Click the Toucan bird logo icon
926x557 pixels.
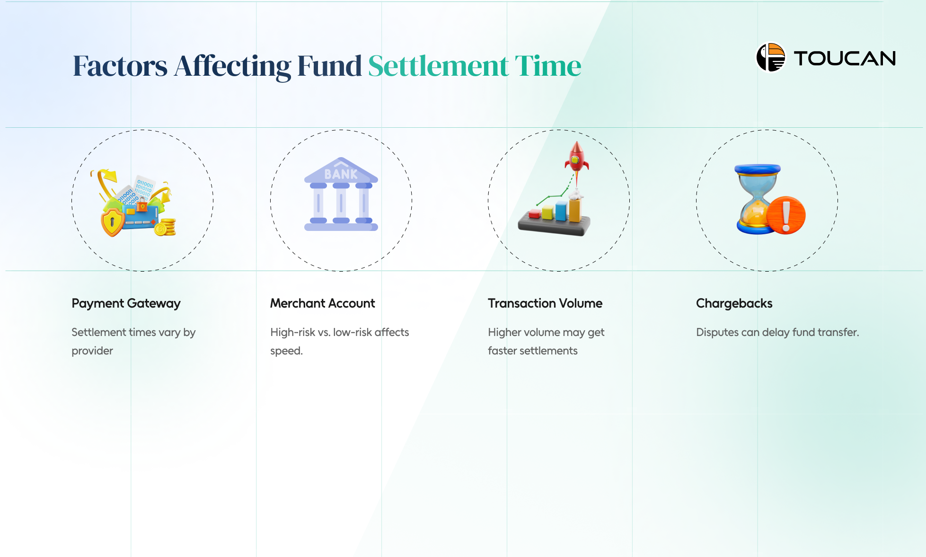pos(771,58)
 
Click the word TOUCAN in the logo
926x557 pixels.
pos(845,59)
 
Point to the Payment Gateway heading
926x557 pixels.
pos(126,303)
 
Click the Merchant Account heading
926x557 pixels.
pos(322,303)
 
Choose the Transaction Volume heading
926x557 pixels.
pos(545,303)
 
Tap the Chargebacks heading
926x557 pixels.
pos(734,303)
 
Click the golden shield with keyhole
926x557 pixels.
pos(113,221)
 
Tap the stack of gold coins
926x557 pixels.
pos(166,227)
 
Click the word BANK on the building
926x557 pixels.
pos(341,174)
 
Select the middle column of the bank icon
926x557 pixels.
pos(341,203)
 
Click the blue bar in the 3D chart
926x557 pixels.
pos(561,211)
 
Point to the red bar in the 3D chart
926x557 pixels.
pos(535,214)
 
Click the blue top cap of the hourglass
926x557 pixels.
pos(758,169)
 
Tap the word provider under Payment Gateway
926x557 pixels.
pos(92,351)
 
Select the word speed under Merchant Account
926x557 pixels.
pos(286,351)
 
